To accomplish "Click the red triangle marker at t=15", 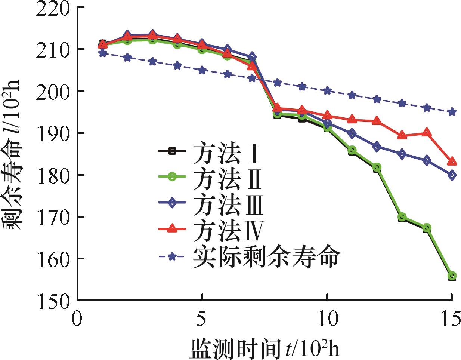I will pyautogui.click(x=452, y=161).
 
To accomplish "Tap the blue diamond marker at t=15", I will pyautogui.click(x=452, y=175).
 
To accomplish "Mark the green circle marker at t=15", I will pyautogui.click(x=452, y=276).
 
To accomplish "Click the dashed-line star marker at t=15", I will pyautogui.click(x=452, y=112).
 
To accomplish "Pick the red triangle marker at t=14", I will pyautogui.click(x=427, y=133).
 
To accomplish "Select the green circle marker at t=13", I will pyautogui.click(x=402, y=217).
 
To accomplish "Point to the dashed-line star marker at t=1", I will pyautogui.click(x=102, y=53).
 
